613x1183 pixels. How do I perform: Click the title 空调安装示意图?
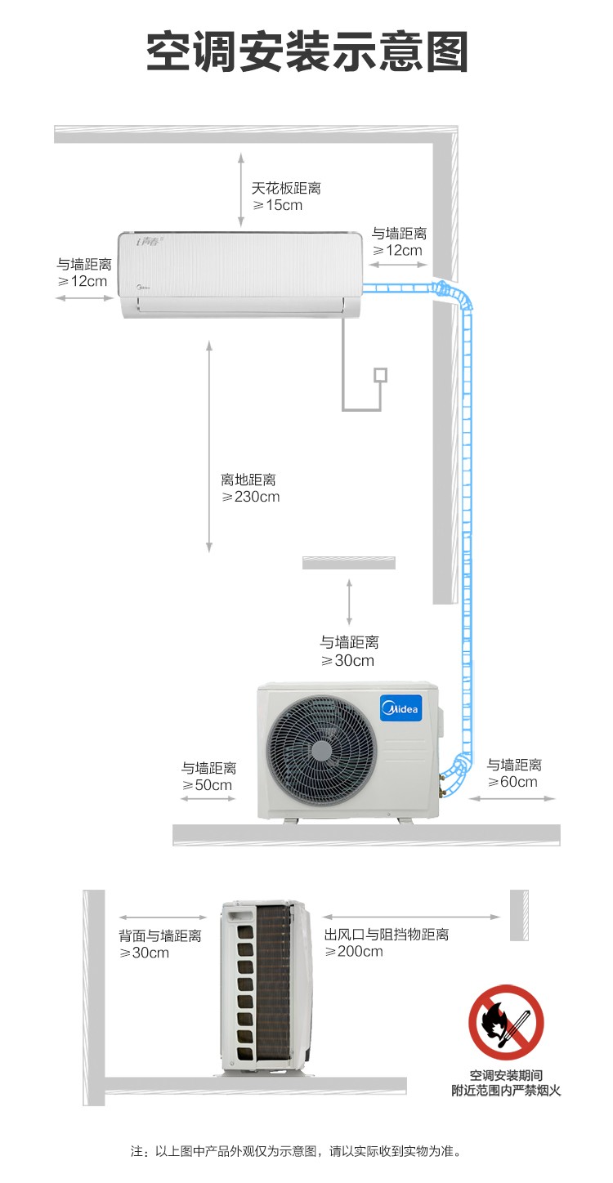pyautogui.click(x=307, y=51)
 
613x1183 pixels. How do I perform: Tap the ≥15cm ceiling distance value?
pyautogui.click(x=277, y=205)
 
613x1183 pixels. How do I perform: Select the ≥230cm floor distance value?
pyautogui.click(x=250, y=497)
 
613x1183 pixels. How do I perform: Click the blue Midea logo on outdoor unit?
pyautogui.click(x=401, y=708)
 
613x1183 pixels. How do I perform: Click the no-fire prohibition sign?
pyautogui.click(x=506, y=1022)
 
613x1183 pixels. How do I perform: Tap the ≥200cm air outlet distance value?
pyautogui.click(x=354, y=951)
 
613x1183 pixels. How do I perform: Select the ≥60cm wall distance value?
pyautogui.click(x=512, y=782)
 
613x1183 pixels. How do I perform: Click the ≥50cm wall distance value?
pyautogui.click(x=207, y=785)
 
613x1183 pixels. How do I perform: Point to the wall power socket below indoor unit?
pyautogui.click(x=381, y=375)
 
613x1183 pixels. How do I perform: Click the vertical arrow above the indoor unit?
pyautogui.click(x=241, y=190)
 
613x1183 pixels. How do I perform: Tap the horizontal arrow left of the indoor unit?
pyautogui.click(x=84, y=298)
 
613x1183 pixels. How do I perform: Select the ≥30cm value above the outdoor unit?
pyautogui.click(x=347, y=660)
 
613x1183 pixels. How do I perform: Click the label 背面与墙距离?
pyautogui.click(x=160, y=935)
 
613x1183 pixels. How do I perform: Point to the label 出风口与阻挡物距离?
pyautogui.click(x=387, y=935)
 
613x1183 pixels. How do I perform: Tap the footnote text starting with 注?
pyautogui.click(x=296, y=1151)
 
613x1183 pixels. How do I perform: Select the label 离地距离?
pyautogui.click(x=248, y=480)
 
